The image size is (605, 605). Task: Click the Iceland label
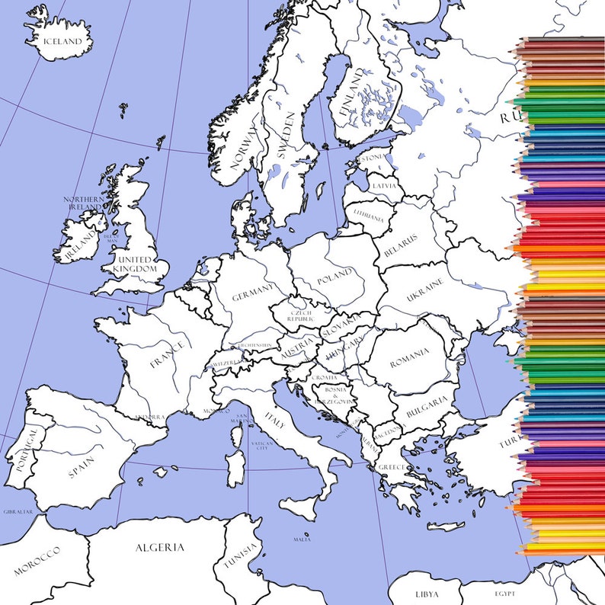coord(62,42)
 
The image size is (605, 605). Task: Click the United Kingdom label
coord(135,264)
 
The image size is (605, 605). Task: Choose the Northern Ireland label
coord(83,203)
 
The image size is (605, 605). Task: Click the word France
coord(166,354)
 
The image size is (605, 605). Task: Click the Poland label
coord(335,276)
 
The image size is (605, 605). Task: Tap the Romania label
coord(409,357)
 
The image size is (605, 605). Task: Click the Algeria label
coord(159,547)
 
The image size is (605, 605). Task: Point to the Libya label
coord(427,594)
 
